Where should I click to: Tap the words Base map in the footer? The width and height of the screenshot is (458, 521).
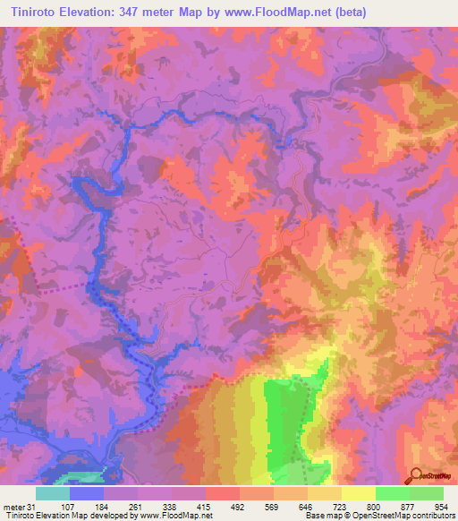(x=318, y=516)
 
